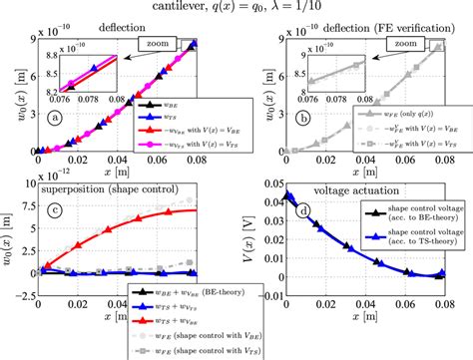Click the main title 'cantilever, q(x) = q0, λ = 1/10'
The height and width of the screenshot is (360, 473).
236,8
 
